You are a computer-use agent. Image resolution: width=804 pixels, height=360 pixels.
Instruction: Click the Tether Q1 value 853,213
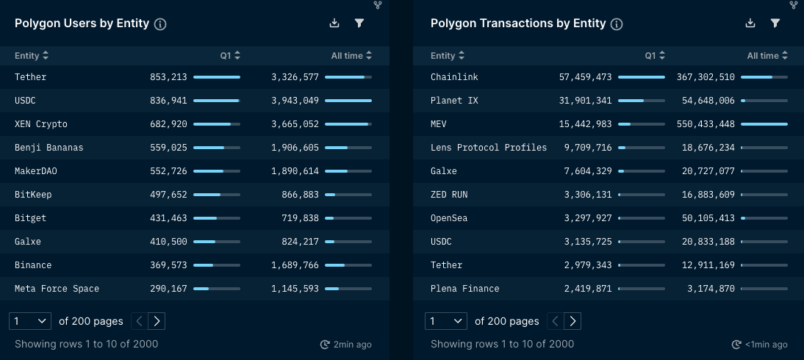(x=168, y=77)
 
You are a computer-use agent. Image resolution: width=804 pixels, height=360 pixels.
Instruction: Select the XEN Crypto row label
(x=41, y=124)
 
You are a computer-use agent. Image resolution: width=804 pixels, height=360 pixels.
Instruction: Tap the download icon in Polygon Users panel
(x=334, y=24)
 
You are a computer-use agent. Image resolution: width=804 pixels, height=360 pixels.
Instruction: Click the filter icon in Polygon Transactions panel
(x=775, y=24)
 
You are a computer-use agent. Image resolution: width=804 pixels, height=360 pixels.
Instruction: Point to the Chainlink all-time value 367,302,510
(x=706, y=77)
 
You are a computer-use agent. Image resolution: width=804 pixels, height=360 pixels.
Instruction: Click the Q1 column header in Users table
(x=230, y=56)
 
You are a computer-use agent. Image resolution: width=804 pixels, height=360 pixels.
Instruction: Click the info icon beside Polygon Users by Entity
(x=160, y=24)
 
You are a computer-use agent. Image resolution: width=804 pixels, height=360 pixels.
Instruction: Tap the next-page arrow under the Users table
(x=157, y=321)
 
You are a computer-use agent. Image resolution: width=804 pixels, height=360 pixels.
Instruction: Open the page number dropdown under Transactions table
(x=445, y=321)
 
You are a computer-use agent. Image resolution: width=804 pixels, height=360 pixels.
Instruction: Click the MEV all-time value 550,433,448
(x=706, y=124)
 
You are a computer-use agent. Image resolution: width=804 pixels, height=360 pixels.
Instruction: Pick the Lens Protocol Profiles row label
(x=489, y=148)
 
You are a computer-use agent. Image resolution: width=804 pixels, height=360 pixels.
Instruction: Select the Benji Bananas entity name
(x=49, y=148)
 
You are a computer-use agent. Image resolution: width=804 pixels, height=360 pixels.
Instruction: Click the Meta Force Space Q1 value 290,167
(x=168, y=289)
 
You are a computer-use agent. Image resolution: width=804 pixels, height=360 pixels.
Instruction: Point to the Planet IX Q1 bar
(x=641, y=101)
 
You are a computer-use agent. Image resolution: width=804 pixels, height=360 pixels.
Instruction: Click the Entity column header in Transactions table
(x=447, y=56)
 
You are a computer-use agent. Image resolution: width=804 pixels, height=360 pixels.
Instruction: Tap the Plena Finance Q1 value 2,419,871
(x=588, y=289)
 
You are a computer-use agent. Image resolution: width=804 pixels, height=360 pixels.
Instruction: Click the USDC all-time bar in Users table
(x=348, y=101)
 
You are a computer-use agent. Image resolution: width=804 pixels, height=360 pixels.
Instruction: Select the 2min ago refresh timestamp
(x=345, y=345)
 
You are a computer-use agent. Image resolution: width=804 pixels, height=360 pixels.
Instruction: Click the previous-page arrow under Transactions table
(x=556, y=321)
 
